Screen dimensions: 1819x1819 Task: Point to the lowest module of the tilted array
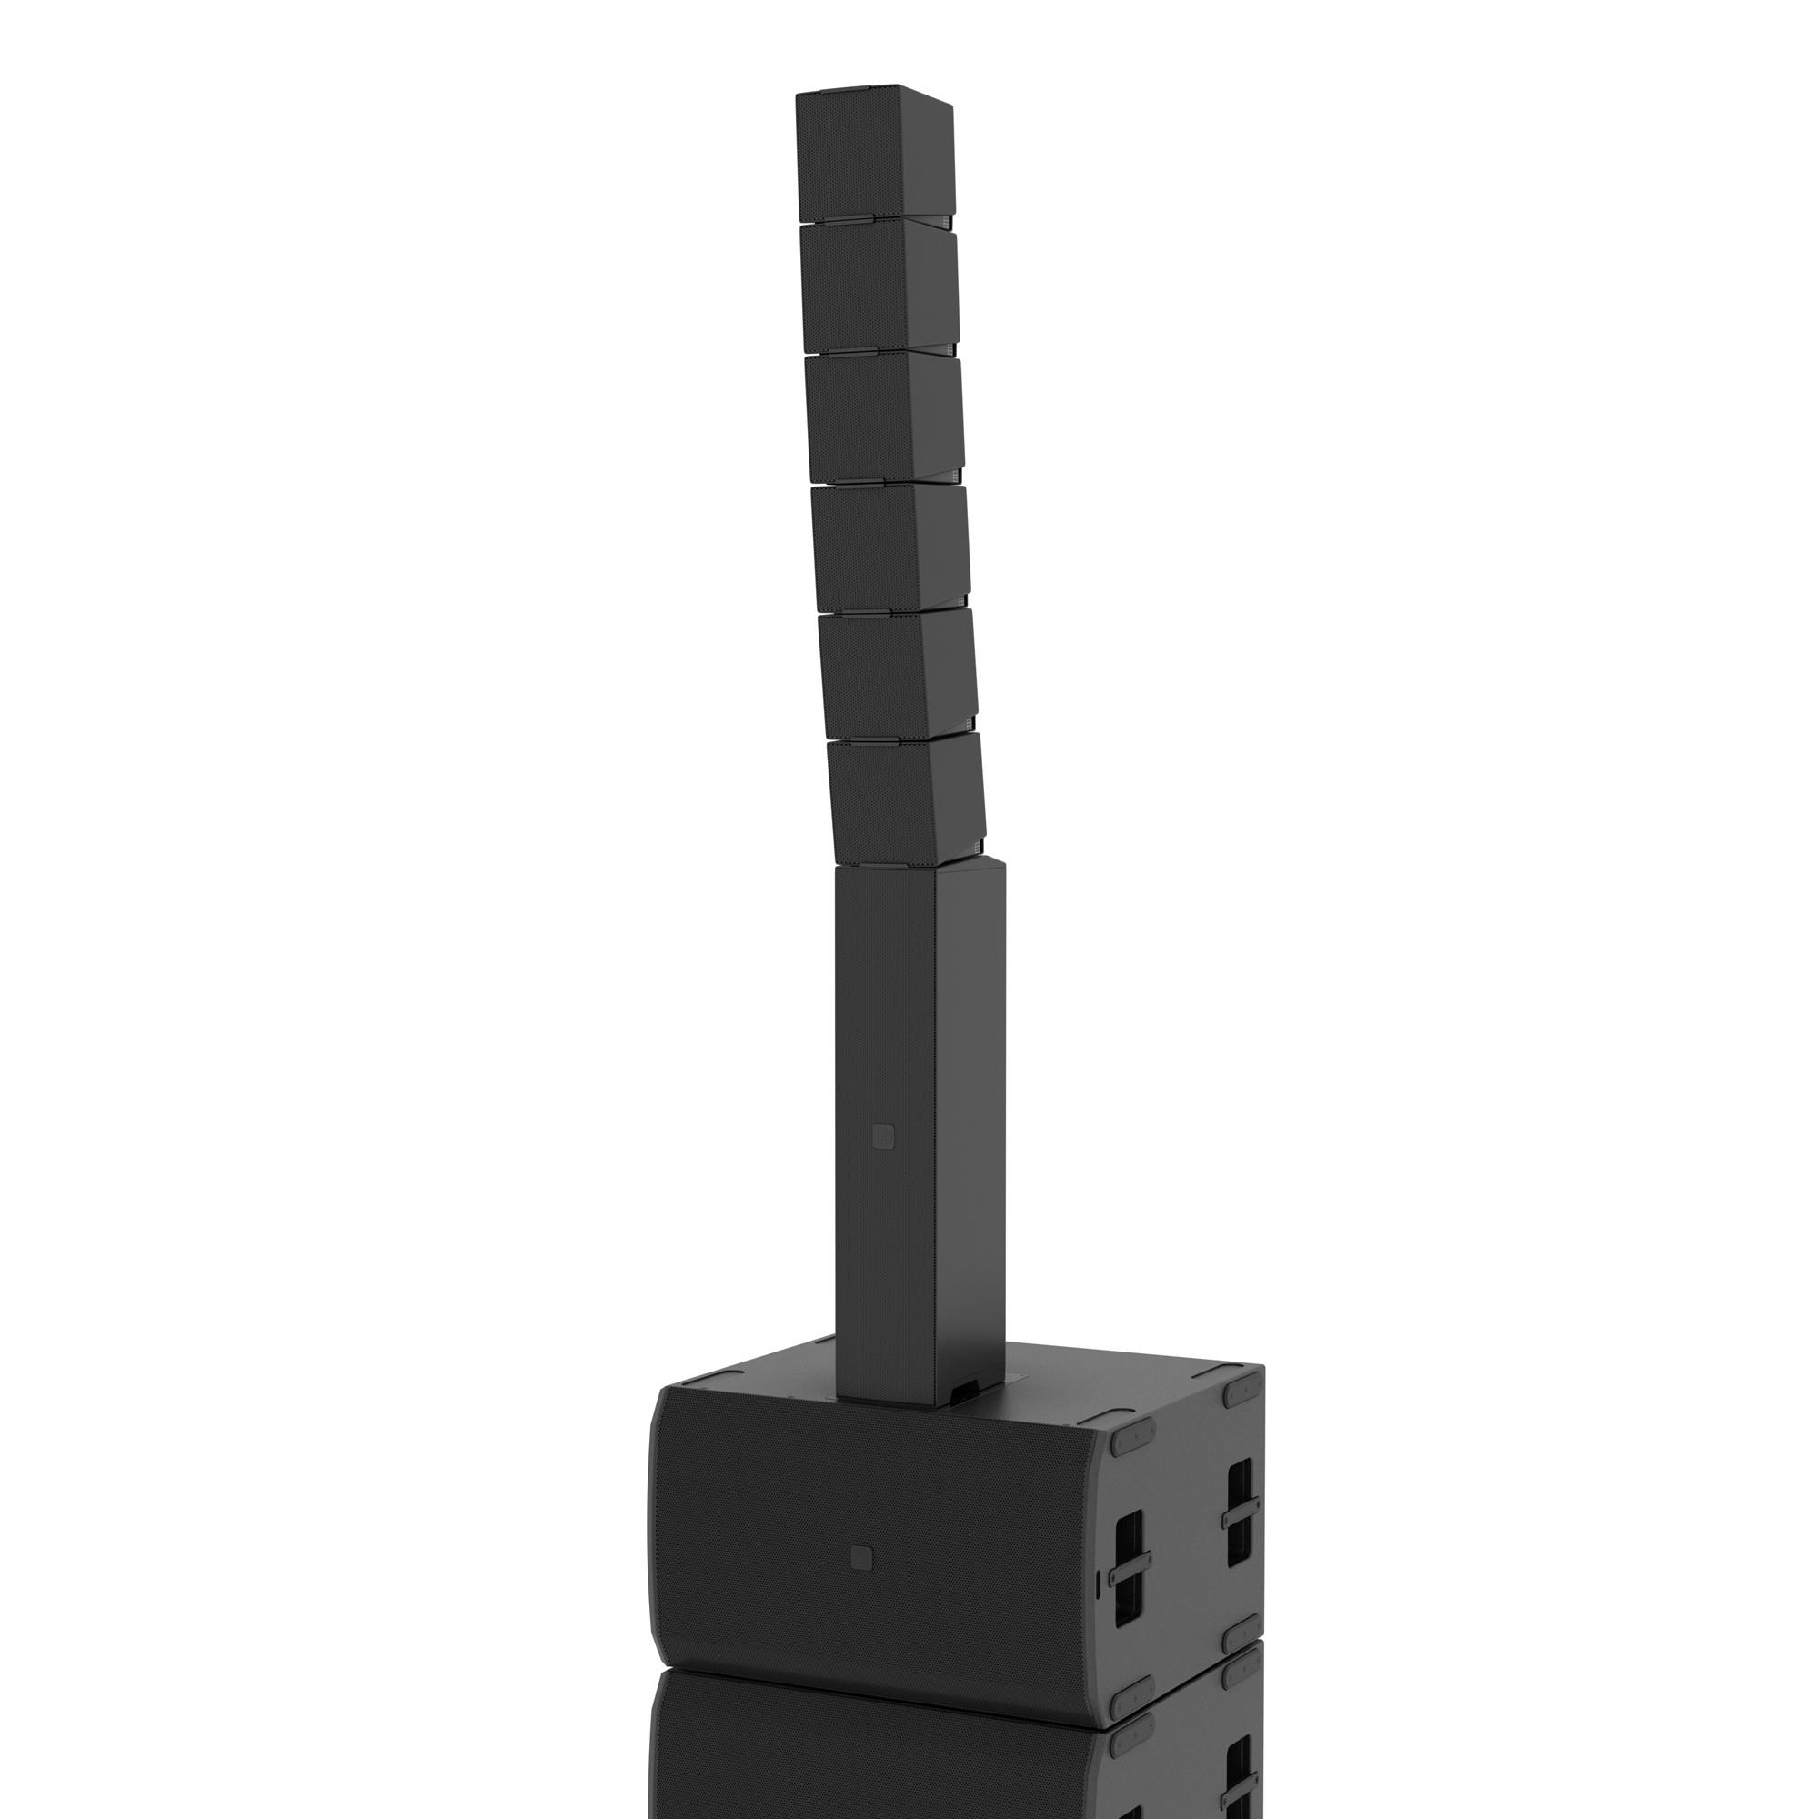[904, 799]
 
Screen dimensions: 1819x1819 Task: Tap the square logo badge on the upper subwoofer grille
[859, 1556]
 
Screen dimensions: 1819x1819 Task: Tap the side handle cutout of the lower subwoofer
[1240, 1774]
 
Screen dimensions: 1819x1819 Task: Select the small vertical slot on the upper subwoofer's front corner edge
[1099, 1582]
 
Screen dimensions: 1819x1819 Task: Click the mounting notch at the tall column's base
[962, 1417]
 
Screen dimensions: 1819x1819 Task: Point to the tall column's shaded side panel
[970, 1130]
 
